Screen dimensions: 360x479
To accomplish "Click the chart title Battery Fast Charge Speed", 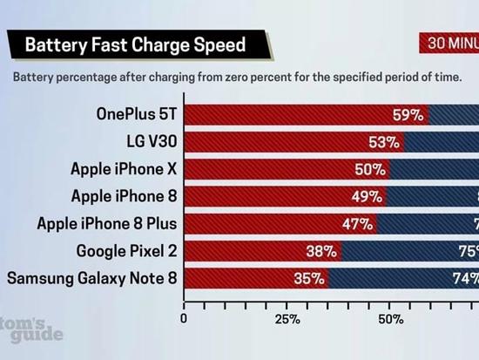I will (x=135, y=44).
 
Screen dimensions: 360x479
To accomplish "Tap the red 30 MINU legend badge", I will (x=449, y=44).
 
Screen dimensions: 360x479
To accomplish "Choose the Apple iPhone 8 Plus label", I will (x=105, y=223).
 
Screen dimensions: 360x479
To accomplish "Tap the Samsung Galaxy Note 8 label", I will (x=91, y=278).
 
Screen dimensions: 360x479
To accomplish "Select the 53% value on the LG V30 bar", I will (x=385, y=141).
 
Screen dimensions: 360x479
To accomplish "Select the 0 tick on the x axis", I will (x=183, y=319).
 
